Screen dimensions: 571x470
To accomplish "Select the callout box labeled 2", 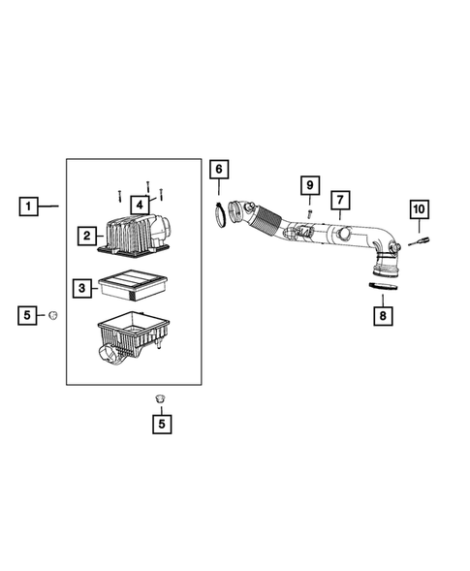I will coord(87,235).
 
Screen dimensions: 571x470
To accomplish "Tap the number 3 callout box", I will coord(84,287).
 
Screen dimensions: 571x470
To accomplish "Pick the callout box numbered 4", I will coord(140,205).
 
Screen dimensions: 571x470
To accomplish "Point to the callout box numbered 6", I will coord(218,170).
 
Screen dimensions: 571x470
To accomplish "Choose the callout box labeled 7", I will coord(340,201).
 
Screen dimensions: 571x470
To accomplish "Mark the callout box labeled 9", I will coord(309,184).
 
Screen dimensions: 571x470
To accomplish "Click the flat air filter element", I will coord(135,286).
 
